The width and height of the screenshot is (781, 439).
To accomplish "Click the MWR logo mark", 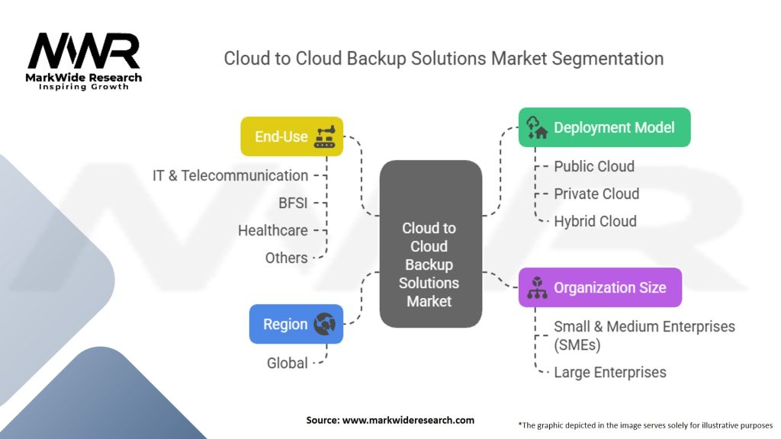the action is [84, 52].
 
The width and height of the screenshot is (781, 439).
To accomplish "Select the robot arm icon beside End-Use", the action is [325, 136].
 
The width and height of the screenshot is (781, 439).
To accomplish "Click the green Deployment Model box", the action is [604, 127].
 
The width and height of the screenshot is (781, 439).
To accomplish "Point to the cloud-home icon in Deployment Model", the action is [537, 127].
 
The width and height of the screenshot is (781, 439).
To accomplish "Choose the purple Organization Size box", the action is [599, 287].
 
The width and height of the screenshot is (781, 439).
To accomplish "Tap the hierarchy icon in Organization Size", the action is [537, 287].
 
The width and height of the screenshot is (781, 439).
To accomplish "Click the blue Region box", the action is [296, 324].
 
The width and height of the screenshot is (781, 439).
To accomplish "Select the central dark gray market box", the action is [431, 245].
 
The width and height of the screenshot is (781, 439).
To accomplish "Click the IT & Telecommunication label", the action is [230, 175].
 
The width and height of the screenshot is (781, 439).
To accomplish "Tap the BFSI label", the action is [293, 203].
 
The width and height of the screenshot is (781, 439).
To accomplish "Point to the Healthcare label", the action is [273, 230].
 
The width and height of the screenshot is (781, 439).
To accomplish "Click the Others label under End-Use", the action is [287, 258].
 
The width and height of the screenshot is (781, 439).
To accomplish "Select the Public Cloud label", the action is [594, 166].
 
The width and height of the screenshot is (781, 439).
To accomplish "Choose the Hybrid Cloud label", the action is [595, 221].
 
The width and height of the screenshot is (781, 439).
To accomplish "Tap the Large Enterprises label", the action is [610, 373].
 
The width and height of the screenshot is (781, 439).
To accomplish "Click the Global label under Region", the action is [288, 363].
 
